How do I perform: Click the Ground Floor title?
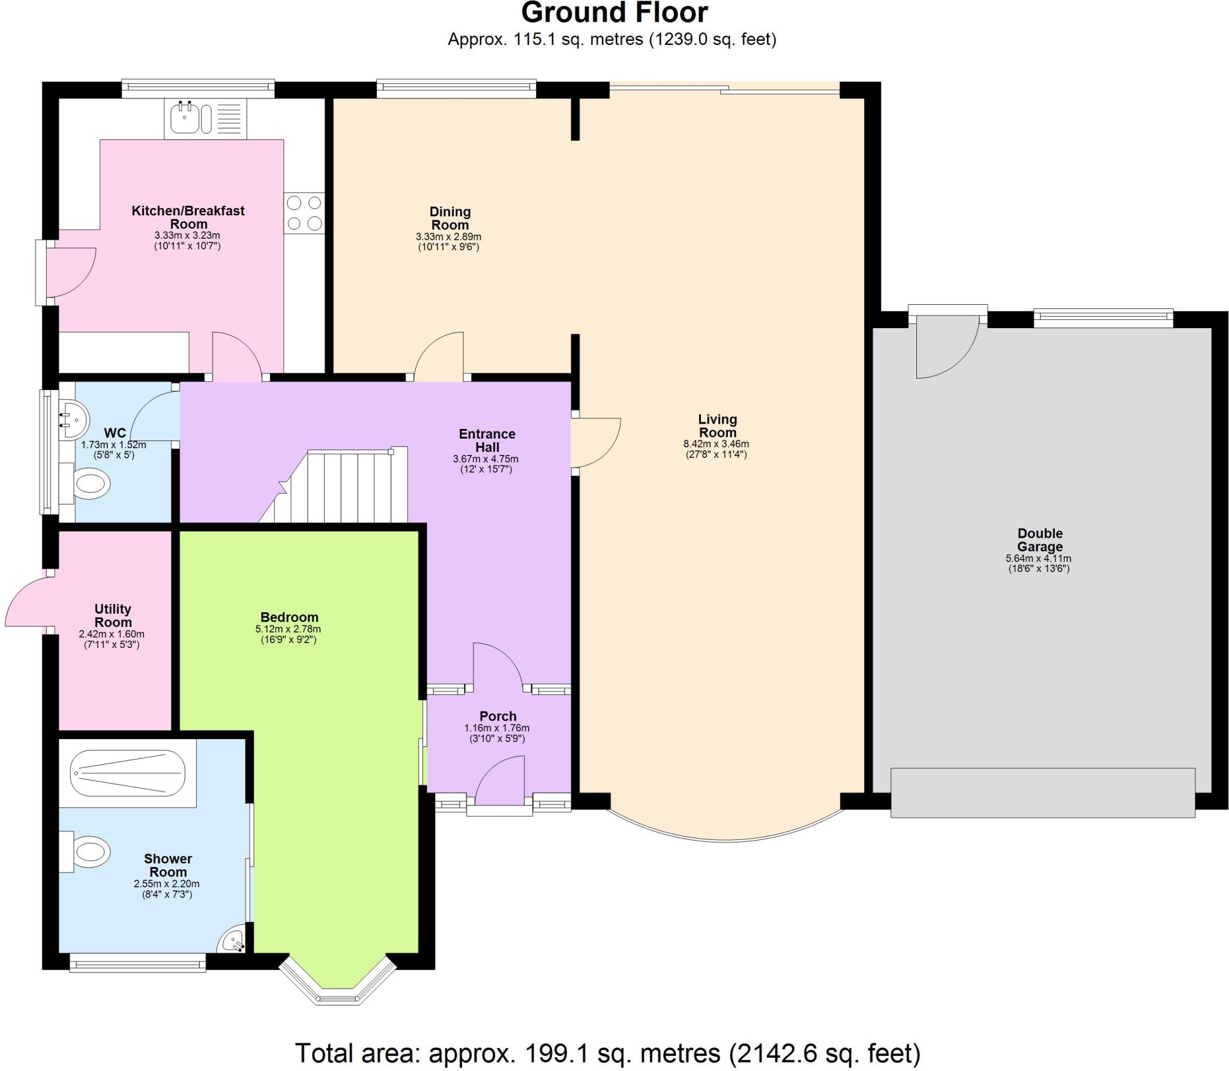614,13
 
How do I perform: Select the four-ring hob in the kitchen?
304,213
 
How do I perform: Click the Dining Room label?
449,218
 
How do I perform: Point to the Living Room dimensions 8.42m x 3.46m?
716,445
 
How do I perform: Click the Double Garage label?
1039,540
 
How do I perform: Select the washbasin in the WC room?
74,417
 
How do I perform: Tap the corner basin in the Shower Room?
233,941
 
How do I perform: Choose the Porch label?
497,716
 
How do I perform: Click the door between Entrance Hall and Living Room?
594,442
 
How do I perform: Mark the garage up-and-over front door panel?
1042,792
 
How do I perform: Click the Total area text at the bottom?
607,1053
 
